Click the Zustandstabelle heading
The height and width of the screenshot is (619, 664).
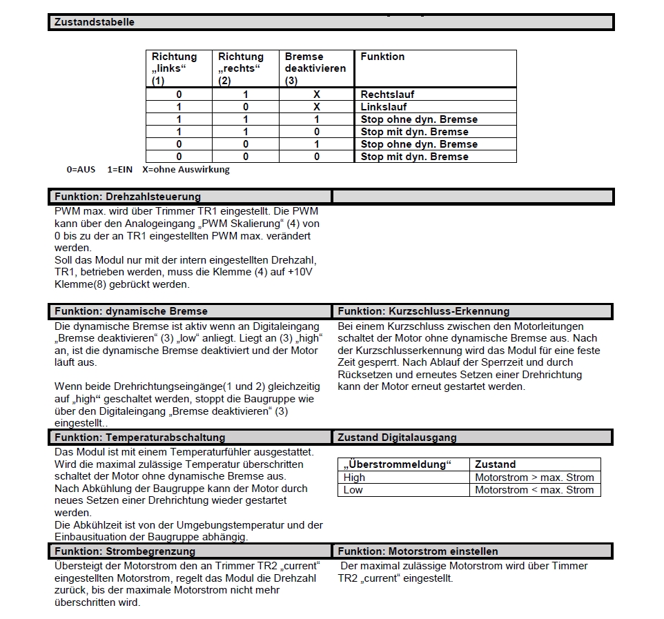coord(95,22)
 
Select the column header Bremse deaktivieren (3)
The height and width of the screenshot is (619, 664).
coord(315,68)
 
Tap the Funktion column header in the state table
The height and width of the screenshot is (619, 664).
coord(382,57)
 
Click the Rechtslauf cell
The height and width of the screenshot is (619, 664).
coord(387,95)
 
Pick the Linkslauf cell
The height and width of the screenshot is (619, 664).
coord(384,107)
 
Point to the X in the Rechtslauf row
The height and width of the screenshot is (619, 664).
coord(317,95)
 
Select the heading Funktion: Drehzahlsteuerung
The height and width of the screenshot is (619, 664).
coord(128,197)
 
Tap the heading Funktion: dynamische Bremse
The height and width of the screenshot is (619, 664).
coord(131,311)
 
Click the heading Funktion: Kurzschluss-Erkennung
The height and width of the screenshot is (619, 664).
coord(423,311)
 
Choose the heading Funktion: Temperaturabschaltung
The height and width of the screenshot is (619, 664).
coord(139,437)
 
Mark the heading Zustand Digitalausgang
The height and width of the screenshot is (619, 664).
coord(397,437)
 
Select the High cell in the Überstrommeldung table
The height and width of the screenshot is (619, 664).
coord(355,478)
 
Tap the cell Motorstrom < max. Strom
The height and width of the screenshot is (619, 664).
coord(534,490)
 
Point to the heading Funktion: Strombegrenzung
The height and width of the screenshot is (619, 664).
coord(125,551)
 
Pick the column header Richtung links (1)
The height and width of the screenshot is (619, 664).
coord(175,68)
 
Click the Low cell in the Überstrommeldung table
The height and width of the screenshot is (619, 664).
coord(353,490)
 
